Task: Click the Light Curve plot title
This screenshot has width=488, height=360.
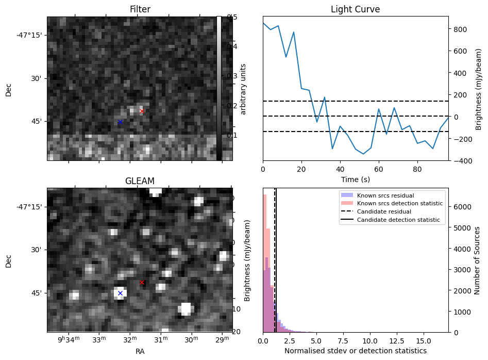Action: pyautogui.click(x=356, y=10)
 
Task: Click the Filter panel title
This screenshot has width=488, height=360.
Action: pyautogui.click(x=140, y=10)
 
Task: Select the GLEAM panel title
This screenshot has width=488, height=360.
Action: pyautogui.click(x=140, y=181)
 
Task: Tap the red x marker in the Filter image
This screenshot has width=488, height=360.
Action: pyautogui.click(x=142, y=111)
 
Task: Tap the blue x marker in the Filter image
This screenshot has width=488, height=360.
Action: pyautogui.click(x=120, y=122)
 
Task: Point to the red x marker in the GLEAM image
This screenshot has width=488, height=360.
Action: pyautogui.click(x=142, y=282)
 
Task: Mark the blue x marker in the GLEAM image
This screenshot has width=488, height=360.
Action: pyautogui.click(x=120, y=293)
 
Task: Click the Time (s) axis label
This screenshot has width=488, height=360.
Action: pyautogui.click(x=356, y=179)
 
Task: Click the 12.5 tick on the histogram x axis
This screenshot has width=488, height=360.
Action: pyautogui.click(x=391, y=341)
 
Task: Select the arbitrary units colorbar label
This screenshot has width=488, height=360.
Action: pyautogui.click(x=244, y=89)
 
